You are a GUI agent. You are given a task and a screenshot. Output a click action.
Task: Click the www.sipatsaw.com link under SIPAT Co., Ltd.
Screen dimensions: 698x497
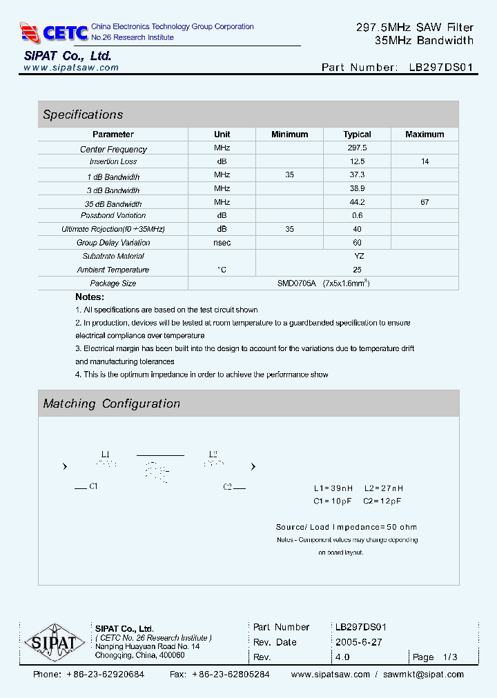click(71, 68)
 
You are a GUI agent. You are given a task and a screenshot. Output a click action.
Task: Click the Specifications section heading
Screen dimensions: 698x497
click(83, 114)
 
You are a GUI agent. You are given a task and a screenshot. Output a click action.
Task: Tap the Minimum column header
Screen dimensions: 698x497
click(289, 134)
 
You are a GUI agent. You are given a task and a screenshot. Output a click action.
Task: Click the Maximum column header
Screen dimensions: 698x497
click(425, 134)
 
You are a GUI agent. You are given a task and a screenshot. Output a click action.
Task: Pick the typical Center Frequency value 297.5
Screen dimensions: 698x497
click(357, 148)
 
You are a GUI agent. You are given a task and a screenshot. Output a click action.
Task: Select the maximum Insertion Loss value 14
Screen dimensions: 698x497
click(425, 161)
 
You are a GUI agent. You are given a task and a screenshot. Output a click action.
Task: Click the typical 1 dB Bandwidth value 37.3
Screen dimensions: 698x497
click(357, 175)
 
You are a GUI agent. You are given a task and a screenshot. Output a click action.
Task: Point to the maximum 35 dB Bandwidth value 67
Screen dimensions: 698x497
click(425, 202)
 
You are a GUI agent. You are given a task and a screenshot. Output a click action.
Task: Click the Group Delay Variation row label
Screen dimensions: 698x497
click(113, 243)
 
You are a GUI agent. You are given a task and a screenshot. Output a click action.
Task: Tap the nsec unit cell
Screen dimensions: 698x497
click(222, 243)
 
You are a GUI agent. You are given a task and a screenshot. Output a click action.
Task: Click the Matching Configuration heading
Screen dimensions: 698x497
click(111, 403)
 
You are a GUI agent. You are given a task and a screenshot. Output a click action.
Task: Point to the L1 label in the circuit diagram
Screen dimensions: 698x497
click(106, 454)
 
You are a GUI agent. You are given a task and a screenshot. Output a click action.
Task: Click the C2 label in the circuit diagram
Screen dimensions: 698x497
click(227, 486)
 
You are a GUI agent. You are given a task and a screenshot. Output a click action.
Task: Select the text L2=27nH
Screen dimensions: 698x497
click(383, 488)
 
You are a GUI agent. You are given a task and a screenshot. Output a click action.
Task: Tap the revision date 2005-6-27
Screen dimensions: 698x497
click(358, 642)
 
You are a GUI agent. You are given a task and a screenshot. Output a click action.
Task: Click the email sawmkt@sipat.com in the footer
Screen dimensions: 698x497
click(423, 675)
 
